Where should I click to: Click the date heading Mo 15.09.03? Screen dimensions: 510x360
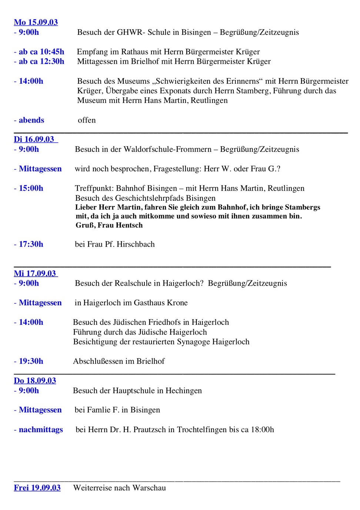(x=36, y=22)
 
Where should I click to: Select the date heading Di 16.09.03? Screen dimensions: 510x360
(x=34, y=139)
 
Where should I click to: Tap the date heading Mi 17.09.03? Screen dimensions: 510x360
(x=35, y=273)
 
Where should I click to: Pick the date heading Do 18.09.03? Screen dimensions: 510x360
(x=35, y=380)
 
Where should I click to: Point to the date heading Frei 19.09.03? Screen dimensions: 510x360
(x=37, y=487)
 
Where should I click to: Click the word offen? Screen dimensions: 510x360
(x=87, y=120)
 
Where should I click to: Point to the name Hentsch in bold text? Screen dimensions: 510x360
(x=129, y=225)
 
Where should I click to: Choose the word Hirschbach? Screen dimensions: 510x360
(x=136, y=244)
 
